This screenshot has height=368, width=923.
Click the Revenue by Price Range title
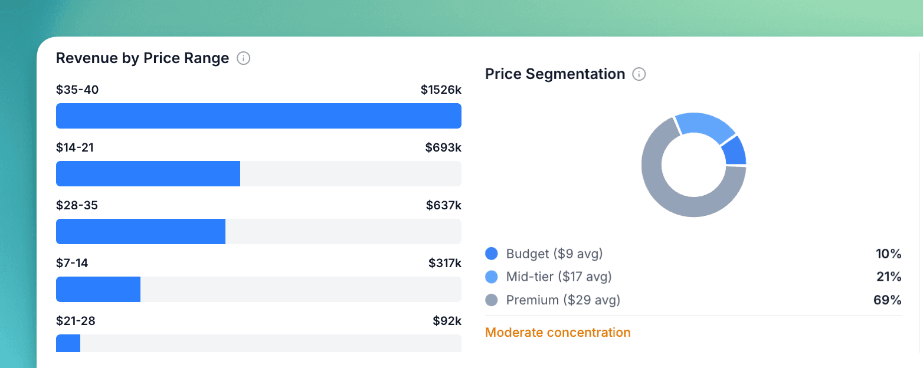[142, 58]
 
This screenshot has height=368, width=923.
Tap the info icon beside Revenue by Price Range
[243, 58]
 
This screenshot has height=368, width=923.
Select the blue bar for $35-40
[258, 116]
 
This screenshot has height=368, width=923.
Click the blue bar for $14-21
[148, 173]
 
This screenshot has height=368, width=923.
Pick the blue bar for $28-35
[140, 231]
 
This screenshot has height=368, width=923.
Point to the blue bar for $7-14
[98, 289]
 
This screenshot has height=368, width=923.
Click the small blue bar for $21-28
[68, 343]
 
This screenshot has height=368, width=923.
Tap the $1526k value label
[441, 90]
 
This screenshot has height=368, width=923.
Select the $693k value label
[443, 147]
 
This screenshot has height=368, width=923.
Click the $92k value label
[447, 321]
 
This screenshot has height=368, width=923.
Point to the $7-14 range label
[72, 263]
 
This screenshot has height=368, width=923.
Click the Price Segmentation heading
[555, 74]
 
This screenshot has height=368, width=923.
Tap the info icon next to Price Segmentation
[639, 74]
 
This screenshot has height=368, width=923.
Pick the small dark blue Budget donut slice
[735, 151]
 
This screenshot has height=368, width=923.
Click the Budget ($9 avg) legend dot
[492, 254]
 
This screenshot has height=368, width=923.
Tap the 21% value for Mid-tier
[889, 277]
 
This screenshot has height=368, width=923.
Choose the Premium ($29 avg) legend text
[563, 300]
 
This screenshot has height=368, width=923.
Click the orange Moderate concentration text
[558, 333]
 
